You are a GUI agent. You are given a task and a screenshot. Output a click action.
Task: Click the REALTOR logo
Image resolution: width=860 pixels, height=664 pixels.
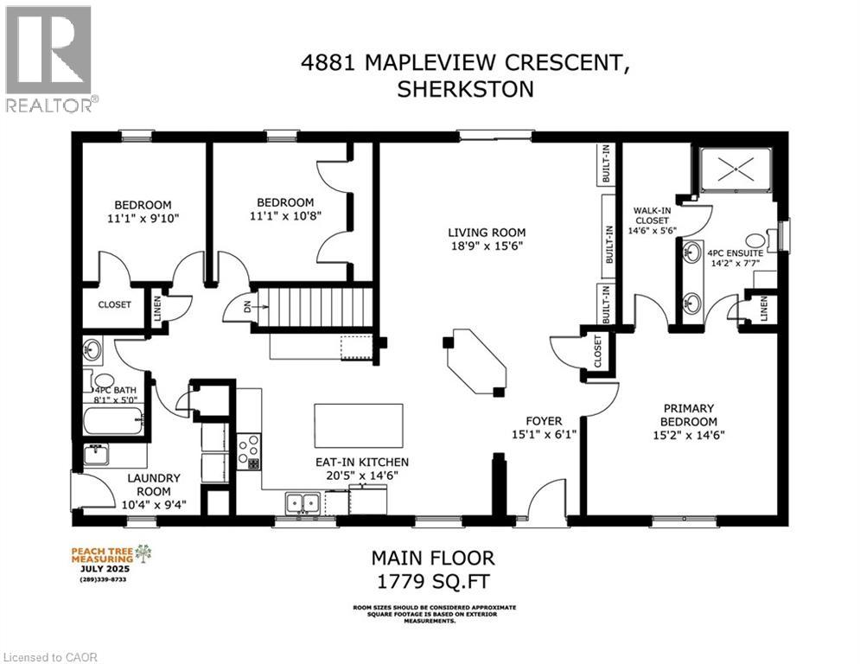[x=48, y=57]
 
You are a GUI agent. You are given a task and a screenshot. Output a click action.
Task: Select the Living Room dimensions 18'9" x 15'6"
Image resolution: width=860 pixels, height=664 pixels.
[x=486, y=246]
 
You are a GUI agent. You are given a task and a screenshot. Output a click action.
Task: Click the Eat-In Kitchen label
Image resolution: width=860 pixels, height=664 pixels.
[x=362, y=462]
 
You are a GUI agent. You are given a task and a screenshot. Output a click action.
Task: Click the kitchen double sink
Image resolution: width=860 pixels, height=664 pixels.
[x=303, y=501]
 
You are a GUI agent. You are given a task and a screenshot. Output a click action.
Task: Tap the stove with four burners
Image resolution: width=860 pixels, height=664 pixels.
[x=249, y=450]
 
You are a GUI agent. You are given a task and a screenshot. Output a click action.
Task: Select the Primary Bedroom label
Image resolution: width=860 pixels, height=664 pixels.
[x=688, y=415]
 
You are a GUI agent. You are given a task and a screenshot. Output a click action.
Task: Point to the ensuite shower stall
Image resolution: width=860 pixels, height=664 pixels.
[x=735, y=169]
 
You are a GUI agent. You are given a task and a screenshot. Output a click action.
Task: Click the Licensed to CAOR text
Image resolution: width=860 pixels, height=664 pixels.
[x=50, y=657]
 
